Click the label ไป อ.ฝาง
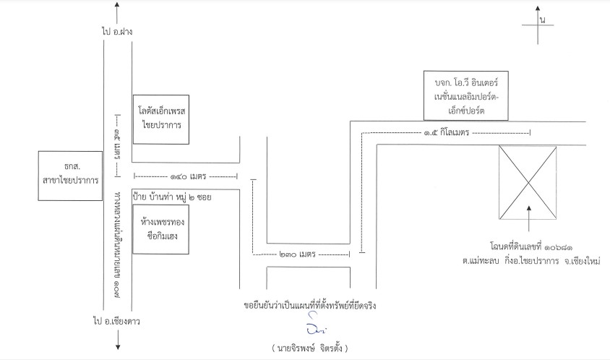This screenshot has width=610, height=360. tap(117, 32)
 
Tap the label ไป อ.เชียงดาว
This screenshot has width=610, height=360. tap(116, 322)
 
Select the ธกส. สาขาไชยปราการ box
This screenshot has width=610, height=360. tap(70, 176)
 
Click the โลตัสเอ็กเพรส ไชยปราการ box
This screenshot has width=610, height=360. tap(161, 119)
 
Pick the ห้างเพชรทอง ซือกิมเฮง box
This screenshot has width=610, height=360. tap(161, 229)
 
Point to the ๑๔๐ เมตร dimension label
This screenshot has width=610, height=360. tap(188, 176)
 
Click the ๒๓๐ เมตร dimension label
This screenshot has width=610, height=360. tap(298, 254)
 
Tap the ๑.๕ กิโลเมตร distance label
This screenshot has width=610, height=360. tap(446, 132)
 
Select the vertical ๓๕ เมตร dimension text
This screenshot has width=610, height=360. tap(117, 145)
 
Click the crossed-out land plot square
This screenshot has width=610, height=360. tap(528, 182)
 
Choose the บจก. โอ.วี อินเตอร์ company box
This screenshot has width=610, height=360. tap(466, 95)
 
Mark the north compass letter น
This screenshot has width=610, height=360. tap(543, 20)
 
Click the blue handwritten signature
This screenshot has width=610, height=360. tap(315, 324)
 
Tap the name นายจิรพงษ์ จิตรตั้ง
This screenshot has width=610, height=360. tap(310, 348)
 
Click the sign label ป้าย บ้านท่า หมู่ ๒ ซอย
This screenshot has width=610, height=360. tap(172, 197)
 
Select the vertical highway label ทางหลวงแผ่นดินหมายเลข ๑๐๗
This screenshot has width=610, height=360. tap(117, 245)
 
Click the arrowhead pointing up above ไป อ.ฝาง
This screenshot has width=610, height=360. tap(117, 4)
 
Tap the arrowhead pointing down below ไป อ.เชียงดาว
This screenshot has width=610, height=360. tap(118, 347)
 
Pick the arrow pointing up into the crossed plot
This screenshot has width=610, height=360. tap(529, 219)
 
